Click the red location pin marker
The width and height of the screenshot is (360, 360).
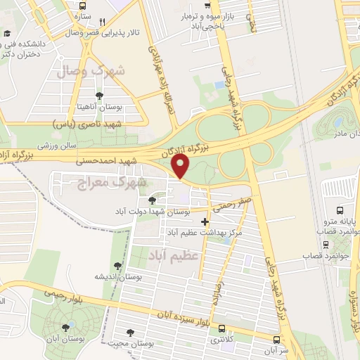(x=181, y=167)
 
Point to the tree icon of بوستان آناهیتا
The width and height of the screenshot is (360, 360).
(x=98, y=96)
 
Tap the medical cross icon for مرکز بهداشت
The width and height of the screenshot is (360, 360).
(x=205, y=222)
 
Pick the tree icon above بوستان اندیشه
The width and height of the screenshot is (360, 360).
(x=117, y=266)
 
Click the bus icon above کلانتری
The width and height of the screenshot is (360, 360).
(x=222, y=328)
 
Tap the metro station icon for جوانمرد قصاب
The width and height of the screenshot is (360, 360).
(x=326, y=244)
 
